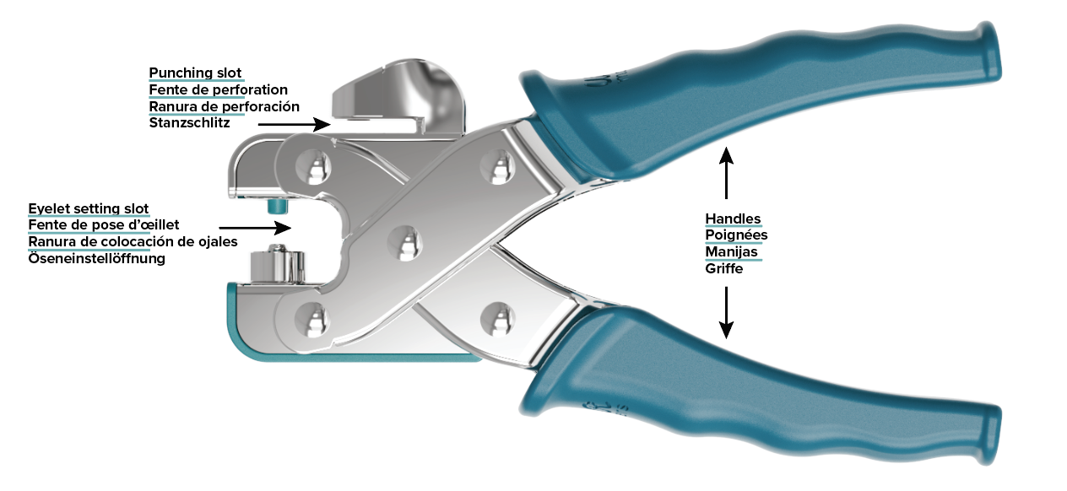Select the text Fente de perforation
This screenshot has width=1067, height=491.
point(218,89)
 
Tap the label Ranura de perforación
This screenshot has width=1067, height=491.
point(224,106)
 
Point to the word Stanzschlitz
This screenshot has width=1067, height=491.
point(189,123)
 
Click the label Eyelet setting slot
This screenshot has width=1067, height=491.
point(88,208)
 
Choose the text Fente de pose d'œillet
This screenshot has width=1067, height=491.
point(104,224)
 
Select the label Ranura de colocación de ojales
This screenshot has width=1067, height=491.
point(133,241)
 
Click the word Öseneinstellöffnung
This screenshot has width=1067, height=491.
point(96,258)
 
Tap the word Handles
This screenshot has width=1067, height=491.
point(733,219)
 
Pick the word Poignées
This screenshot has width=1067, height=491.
point(736,235)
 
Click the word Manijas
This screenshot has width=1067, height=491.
point(731,251)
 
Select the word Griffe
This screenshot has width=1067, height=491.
point(724,268)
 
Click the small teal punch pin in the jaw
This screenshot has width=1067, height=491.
point(274,206)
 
